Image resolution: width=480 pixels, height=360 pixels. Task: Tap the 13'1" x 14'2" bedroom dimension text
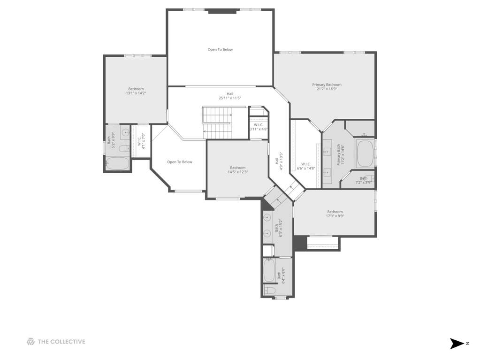coord(136,93)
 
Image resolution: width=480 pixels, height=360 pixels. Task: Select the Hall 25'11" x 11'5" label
coord(230,96)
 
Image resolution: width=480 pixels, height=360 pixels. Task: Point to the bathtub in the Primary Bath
coord(365,153)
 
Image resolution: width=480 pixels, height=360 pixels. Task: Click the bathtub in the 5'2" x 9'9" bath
coord(118,163)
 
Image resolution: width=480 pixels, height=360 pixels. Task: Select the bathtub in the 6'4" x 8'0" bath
coord(269,271)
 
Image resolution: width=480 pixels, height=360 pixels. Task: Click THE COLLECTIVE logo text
coord(61,342)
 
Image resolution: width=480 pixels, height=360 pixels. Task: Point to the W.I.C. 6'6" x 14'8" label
coord(306,166)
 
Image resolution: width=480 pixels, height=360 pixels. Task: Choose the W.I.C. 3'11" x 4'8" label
coord(259,127)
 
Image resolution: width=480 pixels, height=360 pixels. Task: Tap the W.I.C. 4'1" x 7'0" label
coord(141,141)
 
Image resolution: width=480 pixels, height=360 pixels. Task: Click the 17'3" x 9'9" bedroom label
coord(335,214)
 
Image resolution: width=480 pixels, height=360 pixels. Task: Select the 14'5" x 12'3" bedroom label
coord(238,170)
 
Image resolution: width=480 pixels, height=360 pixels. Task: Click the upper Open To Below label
coord(220,50)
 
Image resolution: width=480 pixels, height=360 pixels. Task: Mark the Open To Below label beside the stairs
coord(180,162)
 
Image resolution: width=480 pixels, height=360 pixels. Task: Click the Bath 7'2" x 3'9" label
coord(364,180)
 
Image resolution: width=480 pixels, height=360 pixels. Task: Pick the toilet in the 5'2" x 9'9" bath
coord(124,149)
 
